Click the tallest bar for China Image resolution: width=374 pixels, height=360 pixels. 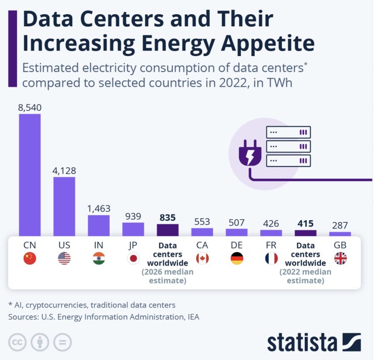pyautogui.click(x=30, y=174)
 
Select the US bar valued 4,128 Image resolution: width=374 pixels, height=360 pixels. pyautogui.click(x=64, y=206)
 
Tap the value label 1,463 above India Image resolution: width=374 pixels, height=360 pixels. pyautogui.click(x=99, y=209)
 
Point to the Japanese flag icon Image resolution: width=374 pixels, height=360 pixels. pyautogui.click(x=133, y=259)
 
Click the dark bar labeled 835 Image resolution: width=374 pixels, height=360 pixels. pyautogui.click(x=167, y=230)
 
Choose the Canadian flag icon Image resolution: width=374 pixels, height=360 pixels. pyautogui.click(x=202, y=259)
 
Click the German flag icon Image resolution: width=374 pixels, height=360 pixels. pyautogui.click(x=237, y=259)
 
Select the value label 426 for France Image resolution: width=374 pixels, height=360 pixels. pyautogui.click(x=271, y=223)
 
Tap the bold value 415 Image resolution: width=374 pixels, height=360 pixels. pyautogui.click(x=305, y=223)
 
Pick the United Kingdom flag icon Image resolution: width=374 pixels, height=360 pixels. pyautogui.click(x=340, y=259)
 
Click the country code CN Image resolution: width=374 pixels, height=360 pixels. pyautogui.click(x=30, y=245)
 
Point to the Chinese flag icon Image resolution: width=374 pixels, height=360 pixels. pyautogui.click(x=30, y=259)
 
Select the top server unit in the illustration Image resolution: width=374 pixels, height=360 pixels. pyautogui.click(x=288, y=132)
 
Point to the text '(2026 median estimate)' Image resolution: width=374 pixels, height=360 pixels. pyautogui.click(x=167, y=276)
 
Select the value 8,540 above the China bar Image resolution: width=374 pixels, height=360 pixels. pyautogui.click(x=30, y=107)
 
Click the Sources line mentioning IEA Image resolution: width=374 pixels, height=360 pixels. pyautogui.click(x=104, y=317)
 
